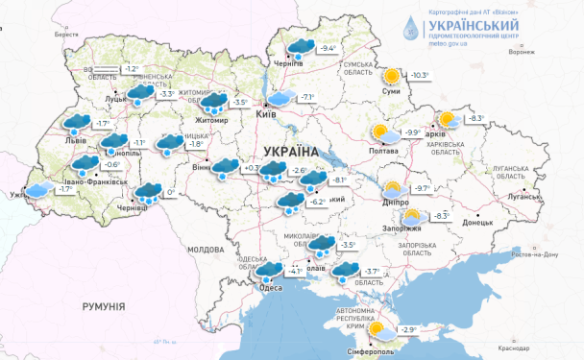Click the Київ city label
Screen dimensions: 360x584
(x=267, y=114)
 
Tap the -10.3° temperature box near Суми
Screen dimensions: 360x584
(x=421, y=75)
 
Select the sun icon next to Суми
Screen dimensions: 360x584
(x=391, y=76)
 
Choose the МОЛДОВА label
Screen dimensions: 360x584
(x=205, y=249)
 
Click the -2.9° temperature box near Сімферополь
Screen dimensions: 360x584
(x=408, y=329)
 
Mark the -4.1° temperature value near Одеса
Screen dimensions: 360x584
(x=296, y=272)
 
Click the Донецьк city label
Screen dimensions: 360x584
(x=476, y=222)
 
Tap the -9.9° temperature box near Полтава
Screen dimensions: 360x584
(x=412, y=132)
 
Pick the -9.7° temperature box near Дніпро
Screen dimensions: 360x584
(x=421, y=189)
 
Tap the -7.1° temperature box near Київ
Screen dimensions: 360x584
(x=308, y=97)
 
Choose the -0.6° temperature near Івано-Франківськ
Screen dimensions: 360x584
(x=112, y=165)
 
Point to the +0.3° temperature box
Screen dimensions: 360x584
(x=254, y=169)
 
